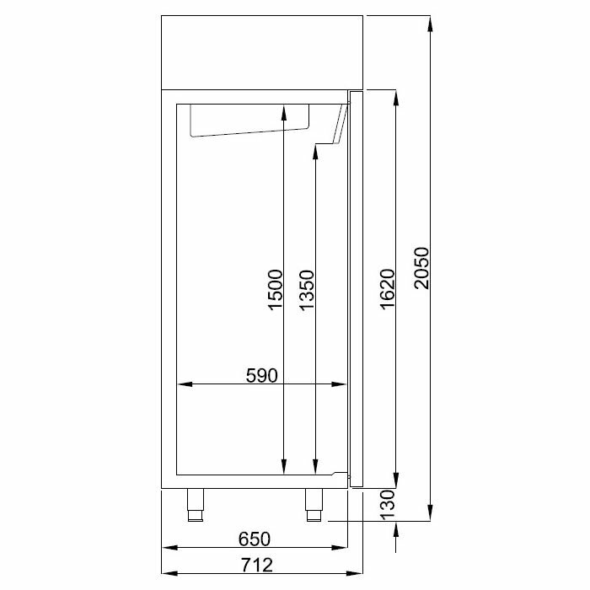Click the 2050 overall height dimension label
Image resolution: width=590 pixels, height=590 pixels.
(421, 269)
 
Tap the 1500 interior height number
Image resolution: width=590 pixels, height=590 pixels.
(275, 289)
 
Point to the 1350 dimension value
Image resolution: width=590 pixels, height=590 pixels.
(306, 289)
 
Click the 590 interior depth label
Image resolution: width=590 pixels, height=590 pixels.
(262, 375)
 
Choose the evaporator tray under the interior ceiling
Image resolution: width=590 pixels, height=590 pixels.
(249, 120)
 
